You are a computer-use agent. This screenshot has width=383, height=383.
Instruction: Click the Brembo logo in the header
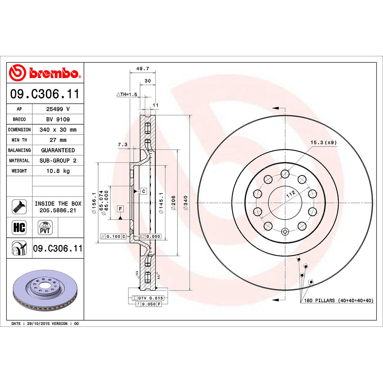point(45,73)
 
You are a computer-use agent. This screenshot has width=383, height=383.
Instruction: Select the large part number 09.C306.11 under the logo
point(45,94)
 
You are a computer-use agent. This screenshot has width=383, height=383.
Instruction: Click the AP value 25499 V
point(58,109)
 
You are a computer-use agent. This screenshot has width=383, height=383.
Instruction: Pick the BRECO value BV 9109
point(58,119)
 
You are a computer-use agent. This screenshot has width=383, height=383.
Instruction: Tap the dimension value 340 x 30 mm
point(58,130)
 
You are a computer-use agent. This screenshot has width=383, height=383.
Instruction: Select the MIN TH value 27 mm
point(58,140)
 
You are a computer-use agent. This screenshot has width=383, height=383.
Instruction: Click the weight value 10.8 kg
point(58,171)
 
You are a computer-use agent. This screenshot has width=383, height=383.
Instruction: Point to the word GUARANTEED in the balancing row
point(58,151)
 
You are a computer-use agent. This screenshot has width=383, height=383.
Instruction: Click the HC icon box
point(19,227)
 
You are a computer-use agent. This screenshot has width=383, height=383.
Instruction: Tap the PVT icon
point(45,228)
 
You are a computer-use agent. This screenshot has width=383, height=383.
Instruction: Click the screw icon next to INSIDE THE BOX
point(19,207)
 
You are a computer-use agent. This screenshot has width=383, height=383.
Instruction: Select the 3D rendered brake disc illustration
point(45,290)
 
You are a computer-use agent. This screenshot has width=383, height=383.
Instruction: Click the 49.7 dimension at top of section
point(142,69)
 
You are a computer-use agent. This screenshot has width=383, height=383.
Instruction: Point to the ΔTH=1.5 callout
point(127,95)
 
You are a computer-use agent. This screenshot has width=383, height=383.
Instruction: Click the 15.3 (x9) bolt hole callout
point(323,142)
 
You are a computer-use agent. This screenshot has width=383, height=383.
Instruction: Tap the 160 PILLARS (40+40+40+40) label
point(338,300)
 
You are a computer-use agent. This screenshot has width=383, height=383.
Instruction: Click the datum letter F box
point(120,209)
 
